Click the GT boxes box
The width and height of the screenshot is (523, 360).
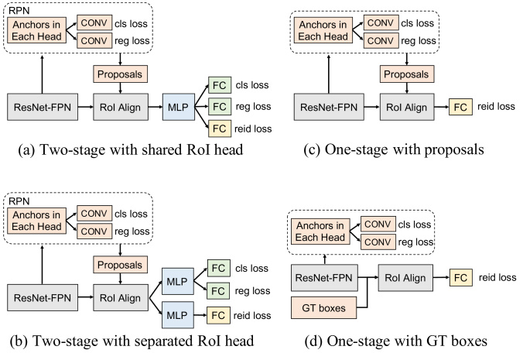[x=323, y=307]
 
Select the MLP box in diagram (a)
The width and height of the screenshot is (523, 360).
[x=179, y=107]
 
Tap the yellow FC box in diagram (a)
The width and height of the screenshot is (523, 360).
[x=220, y=129]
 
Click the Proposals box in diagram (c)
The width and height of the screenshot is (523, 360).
[x=407, y=74]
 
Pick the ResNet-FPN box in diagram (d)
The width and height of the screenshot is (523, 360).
[x=324, y=278]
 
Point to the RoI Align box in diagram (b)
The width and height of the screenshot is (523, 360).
[x=121, y=297]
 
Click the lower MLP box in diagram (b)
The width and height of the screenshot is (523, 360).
[x=177, y=315]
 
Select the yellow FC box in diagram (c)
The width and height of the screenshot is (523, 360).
[x=460, y=107]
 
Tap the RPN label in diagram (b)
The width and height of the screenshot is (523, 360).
[x=19, y=201]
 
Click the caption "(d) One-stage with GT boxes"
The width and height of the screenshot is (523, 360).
[x=396, y=341]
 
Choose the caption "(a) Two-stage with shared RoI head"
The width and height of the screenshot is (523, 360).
[x=131, y=149]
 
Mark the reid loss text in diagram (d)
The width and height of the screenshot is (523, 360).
[x=497, y=278]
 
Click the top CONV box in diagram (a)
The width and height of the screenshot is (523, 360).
[x=94, y=22]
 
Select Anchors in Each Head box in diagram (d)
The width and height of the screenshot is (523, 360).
[x=320, y=231]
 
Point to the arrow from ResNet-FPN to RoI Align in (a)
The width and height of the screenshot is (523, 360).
[x=86, y=107]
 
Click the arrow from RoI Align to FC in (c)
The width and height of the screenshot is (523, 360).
[x=442, y=107]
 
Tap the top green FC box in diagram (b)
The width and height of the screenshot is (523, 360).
[x=219, y=268]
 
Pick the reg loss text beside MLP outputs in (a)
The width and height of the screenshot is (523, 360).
[x=253, y=107]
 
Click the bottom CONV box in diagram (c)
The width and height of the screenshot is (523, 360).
[x=381, y=41]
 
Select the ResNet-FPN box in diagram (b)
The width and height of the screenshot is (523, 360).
[x=43, y=297]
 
